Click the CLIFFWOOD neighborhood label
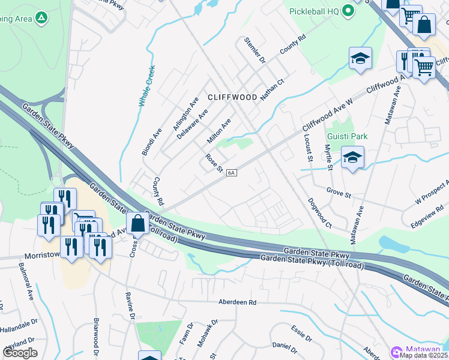[x=232, y=97]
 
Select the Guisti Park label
[x=346, y=136]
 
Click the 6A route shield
[x=232, y=173]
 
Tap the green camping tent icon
[x=41, y=19]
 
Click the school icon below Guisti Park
[x=352, y=158]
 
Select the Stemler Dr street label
[x=255, y=50]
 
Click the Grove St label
[x=339, y=193]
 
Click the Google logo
[x=20, y=353]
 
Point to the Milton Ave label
[x=219, y=131]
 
